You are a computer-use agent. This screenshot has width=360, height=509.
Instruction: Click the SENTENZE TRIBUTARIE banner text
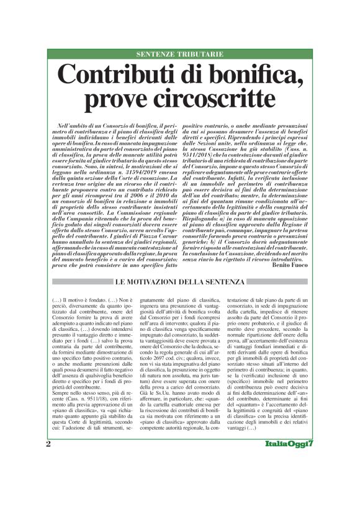tap(179, 55)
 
